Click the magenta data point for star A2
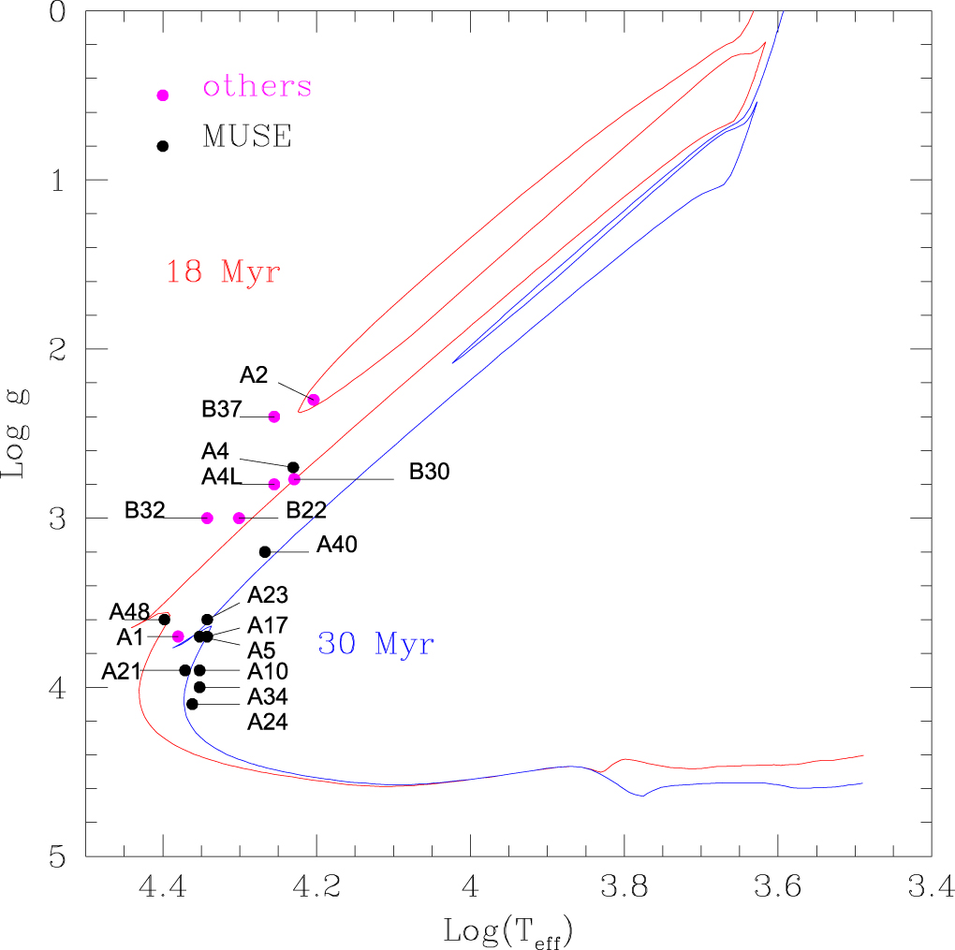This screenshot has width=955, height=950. (x=314, y=400)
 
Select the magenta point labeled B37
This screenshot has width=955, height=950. (x=274, y=417)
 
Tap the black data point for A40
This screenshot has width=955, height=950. (x=265, y=552)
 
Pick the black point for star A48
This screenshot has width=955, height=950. (x=165, y=620)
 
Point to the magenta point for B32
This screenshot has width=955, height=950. (x=207, y=518)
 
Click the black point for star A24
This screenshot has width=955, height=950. (x=192, y=704)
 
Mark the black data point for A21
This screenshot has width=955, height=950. (x=184, y=670)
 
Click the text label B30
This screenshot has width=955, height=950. (x=430, y=473)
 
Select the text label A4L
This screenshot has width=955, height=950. (x=222, y=477)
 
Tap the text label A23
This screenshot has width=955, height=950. (x=268, y=595)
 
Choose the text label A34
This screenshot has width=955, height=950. (x=268, y=696)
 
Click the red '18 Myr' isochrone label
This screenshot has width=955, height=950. (x=224, y=272)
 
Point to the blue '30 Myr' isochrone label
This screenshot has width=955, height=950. (x=375, y=644)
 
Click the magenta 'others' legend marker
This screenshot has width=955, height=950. (x=162, y=95)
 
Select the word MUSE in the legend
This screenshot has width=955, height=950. (x=248, y=137)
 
